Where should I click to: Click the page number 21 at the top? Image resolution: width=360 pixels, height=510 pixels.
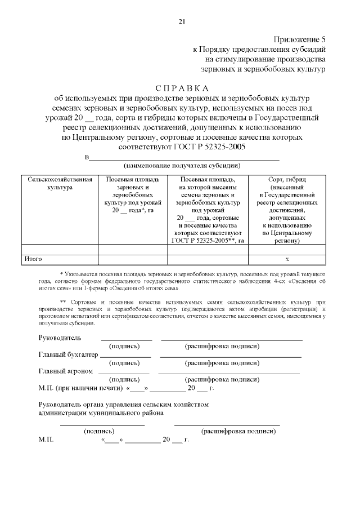point(181,21)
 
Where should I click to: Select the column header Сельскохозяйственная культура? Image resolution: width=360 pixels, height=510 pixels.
point(60,183)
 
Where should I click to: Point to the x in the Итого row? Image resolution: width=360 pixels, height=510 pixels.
point(287,259)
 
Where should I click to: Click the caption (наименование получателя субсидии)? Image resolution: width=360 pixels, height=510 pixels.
point(182,166)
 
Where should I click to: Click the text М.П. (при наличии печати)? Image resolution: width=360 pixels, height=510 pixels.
point(80,388)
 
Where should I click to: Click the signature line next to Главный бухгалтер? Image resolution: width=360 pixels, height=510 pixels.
point(125,357)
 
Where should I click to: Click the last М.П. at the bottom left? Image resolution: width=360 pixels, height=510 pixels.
point(46,439)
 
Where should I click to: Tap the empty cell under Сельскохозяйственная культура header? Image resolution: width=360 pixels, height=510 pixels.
point(60,249)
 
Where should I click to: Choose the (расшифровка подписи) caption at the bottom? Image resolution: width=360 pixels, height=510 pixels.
point(239,431)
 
